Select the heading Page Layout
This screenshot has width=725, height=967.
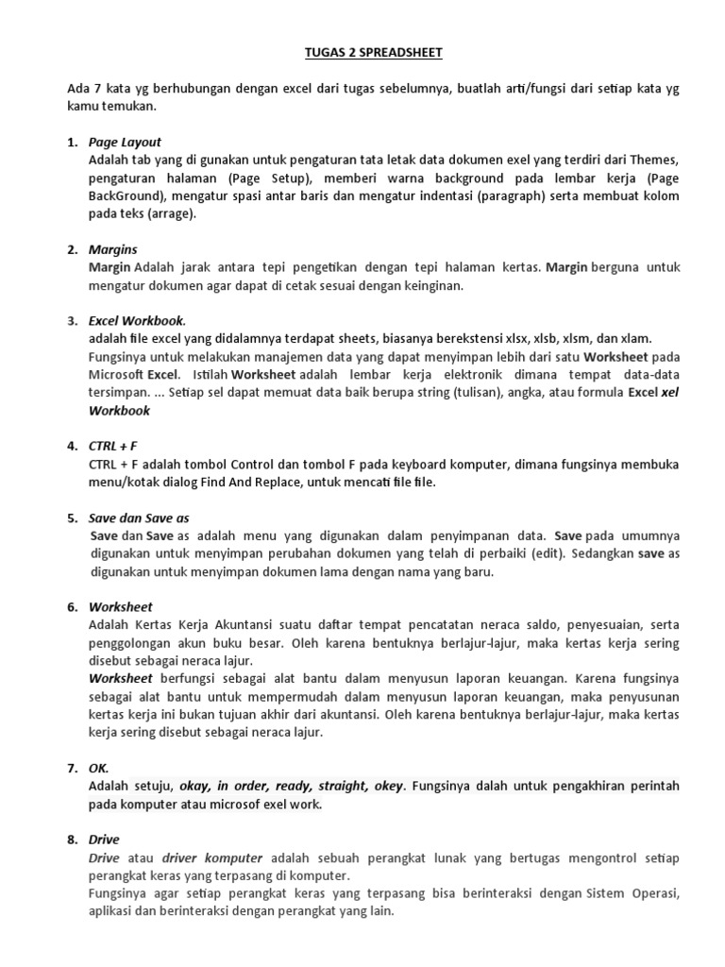pos(125,142)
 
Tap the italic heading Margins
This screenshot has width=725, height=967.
pos(112,249)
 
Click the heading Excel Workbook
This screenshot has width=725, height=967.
pos(137,320)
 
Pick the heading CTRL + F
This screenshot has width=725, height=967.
pos(113,446)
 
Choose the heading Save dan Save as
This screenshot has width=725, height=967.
pos(139,517)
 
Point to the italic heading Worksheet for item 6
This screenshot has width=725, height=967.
pos(120,606)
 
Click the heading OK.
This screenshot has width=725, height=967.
pos(99,768)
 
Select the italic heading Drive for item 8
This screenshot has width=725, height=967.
pos(104,839)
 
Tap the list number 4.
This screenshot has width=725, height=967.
pos(72,446)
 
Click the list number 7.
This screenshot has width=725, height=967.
pos(72,768)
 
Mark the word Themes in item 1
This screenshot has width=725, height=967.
pos(655,160)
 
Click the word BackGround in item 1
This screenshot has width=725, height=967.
pos(125,195)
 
